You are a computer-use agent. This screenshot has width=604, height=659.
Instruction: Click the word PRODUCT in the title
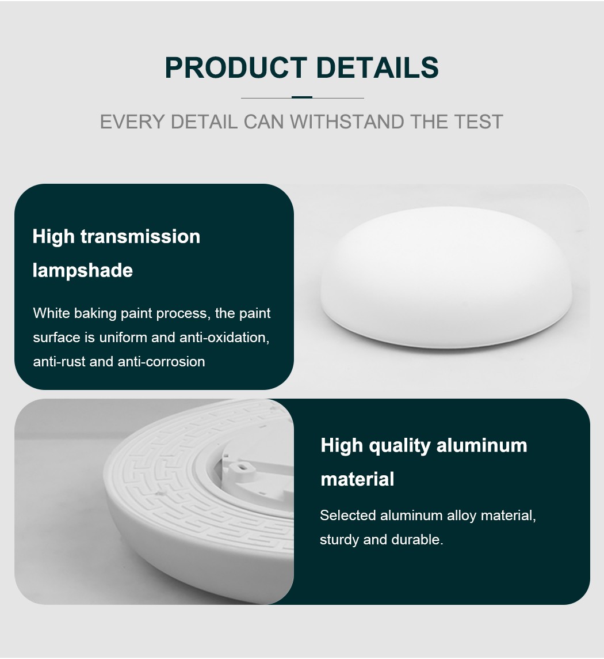pos(236,67)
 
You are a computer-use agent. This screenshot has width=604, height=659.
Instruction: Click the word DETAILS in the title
pos(377,67)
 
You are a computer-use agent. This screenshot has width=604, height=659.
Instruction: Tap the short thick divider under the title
pos(302,97)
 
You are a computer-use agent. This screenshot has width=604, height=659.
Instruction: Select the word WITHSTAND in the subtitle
pos(347,122)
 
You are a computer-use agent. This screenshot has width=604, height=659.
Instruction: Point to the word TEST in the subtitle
pos(478,122)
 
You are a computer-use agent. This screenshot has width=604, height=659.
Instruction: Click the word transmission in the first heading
pos(140,237)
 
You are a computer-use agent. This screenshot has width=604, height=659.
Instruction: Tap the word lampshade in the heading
pos(83,271)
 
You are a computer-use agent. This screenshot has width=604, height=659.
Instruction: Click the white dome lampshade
pos(446,277)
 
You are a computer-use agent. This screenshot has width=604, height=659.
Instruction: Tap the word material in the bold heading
pos(357,479)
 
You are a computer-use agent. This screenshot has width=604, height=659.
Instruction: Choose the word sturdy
pos(339,540)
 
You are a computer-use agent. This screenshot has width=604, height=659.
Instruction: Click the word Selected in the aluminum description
pos(347,516)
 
